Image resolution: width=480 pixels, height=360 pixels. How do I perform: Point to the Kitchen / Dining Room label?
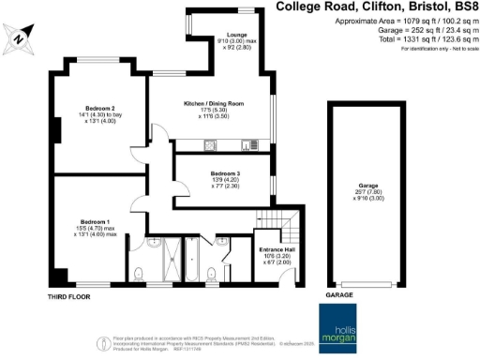coord(213,102)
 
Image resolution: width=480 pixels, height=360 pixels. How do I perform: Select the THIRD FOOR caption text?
coord(67,295)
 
